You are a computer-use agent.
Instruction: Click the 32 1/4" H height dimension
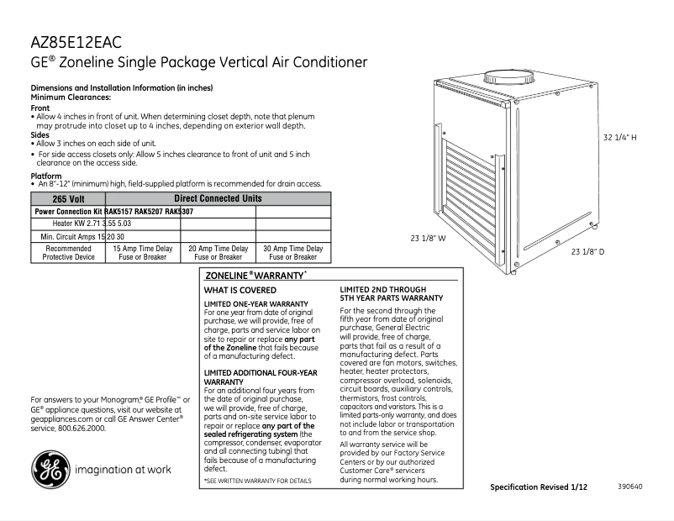click(619, 136)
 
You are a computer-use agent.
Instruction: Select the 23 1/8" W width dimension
click(428, 239)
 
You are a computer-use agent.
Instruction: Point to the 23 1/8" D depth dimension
click(588, 251)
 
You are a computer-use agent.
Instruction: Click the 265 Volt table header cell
click(67, 199)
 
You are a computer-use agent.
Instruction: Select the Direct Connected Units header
click(217, 199)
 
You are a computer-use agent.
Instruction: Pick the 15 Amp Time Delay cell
click(142, 253)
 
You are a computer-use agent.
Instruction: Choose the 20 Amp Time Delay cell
click(218, 253)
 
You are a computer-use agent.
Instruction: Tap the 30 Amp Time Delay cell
click(293, 253)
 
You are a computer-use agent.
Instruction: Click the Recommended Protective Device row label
click(68, 253)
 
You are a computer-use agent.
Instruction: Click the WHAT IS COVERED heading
click(240, 290)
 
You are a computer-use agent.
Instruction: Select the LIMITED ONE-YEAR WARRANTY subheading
click(256, 303)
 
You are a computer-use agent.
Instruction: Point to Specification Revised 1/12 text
click(539, 487)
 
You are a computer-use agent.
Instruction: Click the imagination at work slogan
click(123, 470)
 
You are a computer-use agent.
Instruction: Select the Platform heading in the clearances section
click(45, 176)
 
